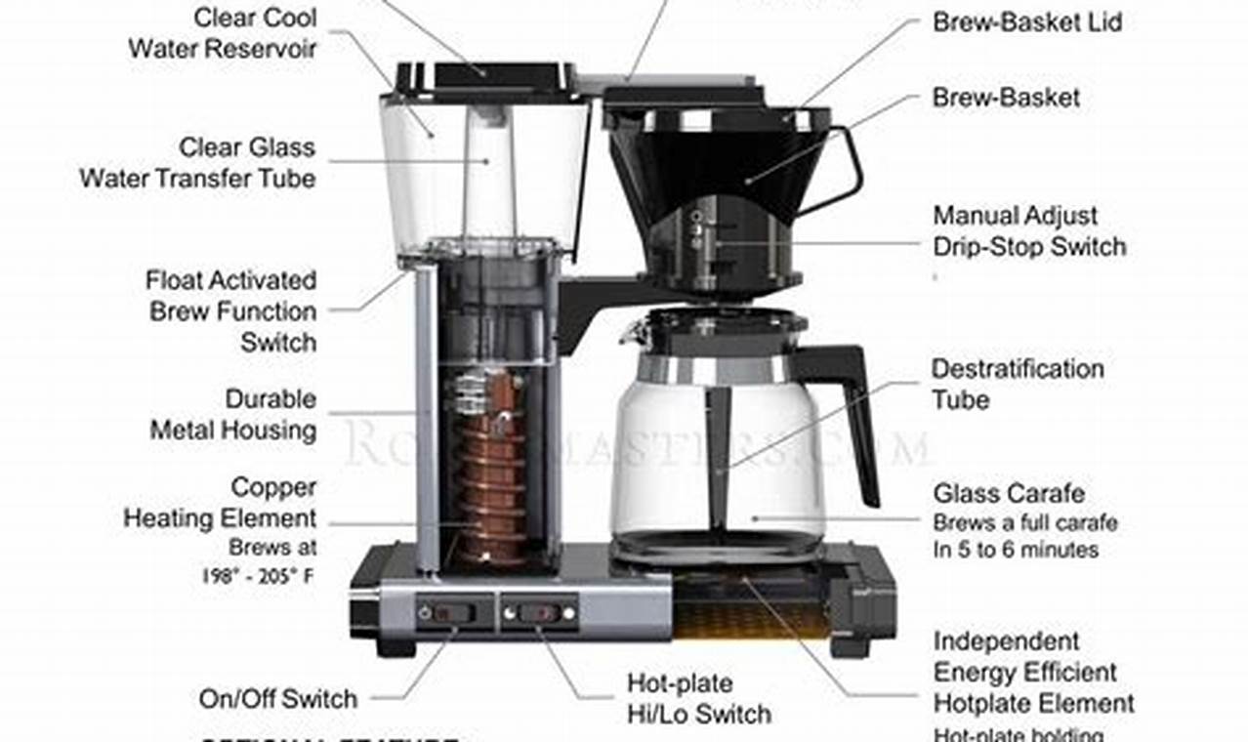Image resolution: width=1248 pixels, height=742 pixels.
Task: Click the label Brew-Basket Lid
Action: [1027, 21]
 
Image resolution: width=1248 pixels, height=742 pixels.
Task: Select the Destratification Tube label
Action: [1017, 384]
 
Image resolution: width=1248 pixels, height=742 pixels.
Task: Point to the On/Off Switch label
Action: [278, 698]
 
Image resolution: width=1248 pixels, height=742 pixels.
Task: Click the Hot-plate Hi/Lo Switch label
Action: [698, 698]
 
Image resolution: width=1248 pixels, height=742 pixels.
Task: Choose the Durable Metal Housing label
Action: [232, 414]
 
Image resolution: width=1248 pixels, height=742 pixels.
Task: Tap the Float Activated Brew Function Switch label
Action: [232, 310]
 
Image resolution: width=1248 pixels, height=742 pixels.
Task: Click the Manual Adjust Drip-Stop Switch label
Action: [1029, 230]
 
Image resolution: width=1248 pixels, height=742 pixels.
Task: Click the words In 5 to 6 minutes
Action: [1016, 550]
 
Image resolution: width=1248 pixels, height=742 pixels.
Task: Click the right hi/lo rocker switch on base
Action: [539, 613]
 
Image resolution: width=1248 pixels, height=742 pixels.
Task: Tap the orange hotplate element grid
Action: [752, 619]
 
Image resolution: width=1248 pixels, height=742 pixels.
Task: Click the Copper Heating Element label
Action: [221, 503]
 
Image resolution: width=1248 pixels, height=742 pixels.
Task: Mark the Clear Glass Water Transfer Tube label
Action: [197, 163]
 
